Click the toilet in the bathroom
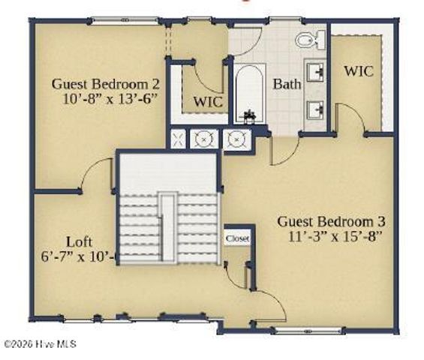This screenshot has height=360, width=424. (x=308, y=39)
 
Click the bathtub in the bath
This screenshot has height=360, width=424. (x=249, y=93)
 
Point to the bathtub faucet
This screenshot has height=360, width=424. (x=249, y=115)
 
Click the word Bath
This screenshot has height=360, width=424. (x=287, y=84)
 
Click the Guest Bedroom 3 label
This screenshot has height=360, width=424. (x=332, y=222)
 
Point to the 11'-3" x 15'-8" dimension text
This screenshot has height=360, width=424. (x=335, y=237)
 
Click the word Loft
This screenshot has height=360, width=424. (x=80, y=241)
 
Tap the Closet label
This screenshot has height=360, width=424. (x=237, y=238)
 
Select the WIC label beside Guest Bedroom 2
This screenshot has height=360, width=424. (x=207, y=100)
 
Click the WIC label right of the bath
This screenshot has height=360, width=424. (x=359, y=71)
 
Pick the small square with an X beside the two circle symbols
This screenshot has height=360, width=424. (x=178, y=137)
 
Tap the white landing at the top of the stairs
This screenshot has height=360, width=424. (x=167, y=171)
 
